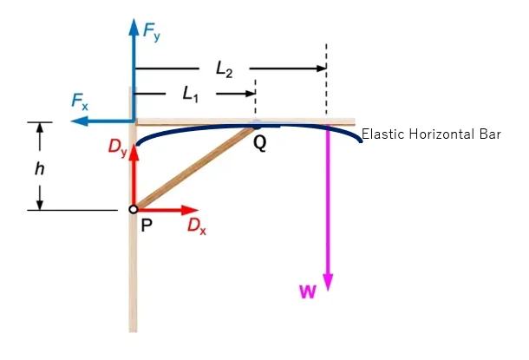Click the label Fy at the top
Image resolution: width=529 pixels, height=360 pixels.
[153, 35]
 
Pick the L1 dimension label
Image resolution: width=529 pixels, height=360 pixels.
[191, 93]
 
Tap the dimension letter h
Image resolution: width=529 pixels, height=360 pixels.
[39, 168]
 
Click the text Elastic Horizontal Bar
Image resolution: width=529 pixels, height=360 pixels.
[431, 134]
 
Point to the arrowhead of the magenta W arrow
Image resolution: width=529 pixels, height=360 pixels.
[328, 282]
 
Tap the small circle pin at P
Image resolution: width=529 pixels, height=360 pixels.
[133, 209]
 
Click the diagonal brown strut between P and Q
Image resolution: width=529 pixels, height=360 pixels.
[195, 168]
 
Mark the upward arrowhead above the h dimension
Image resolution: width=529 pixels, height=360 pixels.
[39, 128]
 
